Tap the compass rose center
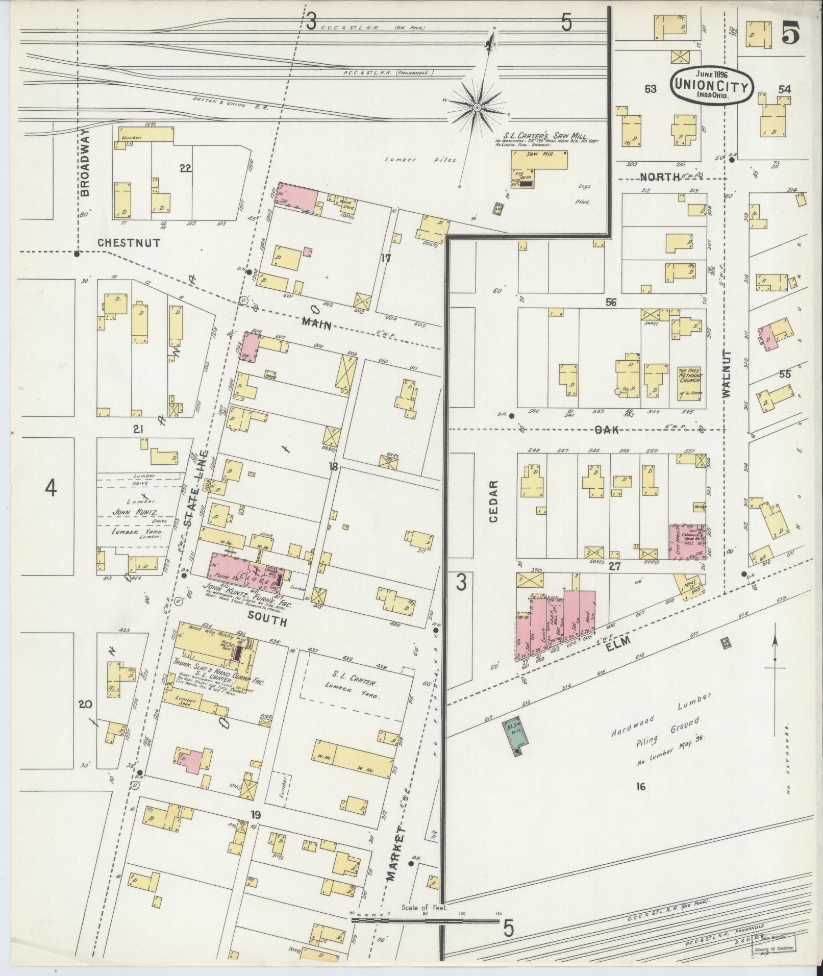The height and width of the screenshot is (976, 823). click(x=477, y=108)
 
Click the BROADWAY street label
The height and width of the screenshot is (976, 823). click(x=85, y=162)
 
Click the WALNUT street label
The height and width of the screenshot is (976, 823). click(x=727, y=373)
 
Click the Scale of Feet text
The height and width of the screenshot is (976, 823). click(x=424, y=908)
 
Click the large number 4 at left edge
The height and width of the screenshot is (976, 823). click(x=50, y=489)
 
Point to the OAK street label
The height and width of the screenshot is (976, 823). click(x=606, y=430)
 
